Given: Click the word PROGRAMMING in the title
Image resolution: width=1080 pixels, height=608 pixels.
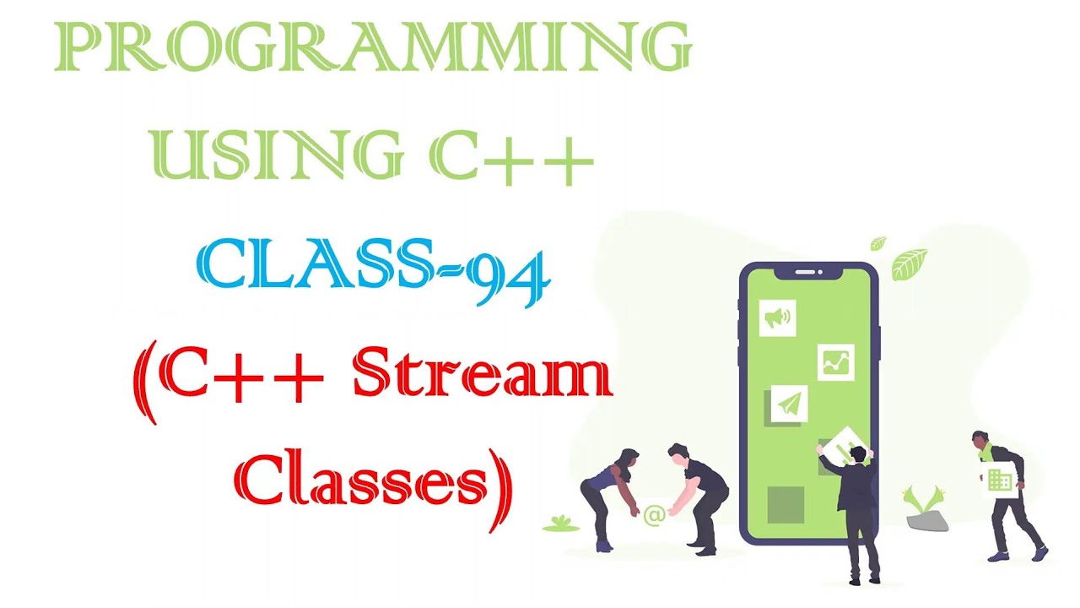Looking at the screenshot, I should pos(371,48).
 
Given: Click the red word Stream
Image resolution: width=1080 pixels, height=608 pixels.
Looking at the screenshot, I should pos(482,379).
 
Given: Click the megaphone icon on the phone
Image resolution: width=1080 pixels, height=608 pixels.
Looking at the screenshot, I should pos(777,318).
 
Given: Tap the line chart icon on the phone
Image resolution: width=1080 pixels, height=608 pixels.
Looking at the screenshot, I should pos(835,362).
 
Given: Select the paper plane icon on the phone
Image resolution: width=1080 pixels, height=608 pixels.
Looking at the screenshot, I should pos(789,405).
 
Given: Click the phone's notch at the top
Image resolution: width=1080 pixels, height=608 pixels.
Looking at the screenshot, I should pos(808,272).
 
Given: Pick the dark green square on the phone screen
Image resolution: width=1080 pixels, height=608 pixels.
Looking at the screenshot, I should pos(786,504).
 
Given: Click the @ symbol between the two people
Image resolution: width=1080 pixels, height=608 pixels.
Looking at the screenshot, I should pos(652,514).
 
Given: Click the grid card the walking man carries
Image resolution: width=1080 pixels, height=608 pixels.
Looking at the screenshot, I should pos(1001,479).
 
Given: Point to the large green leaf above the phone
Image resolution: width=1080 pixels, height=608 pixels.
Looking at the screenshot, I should pos(910,263).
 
